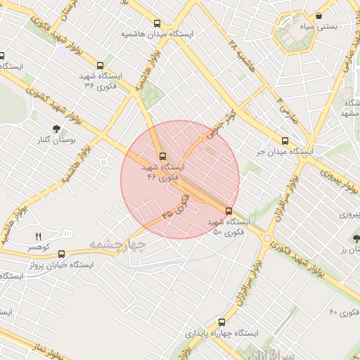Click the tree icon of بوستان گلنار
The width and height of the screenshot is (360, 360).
tap(56, 128)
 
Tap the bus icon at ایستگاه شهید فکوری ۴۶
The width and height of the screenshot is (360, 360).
tap(163, 157)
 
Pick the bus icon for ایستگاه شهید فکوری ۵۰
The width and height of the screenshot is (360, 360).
tap(229, 210)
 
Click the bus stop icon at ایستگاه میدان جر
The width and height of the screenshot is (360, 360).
tap(285, 141)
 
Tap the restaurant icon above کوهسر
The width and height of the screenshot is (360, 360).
tap(39, 236)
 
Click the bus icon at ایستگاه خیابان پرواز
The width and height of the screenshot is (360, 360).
tap(62, 255)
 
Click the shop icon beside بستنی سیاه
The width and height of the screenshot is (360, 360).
tap(319, 15)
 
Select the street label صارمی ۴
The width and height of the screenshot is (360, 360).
tap(288, 111)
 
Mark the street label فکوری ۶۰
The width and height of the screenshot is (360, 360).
tap(343, 311)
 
